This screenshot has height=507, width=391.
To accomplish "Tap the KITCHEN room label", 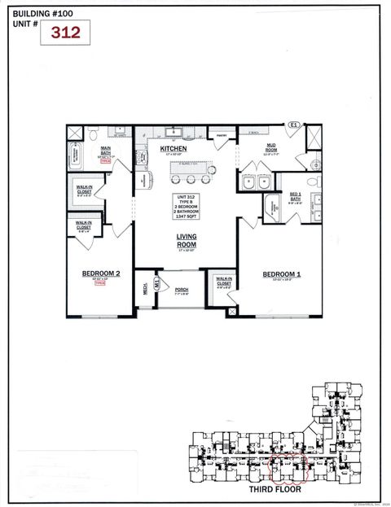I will tap(174, 150).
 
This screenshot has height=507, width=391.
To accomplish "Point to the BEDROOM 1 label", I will tap(282, 275).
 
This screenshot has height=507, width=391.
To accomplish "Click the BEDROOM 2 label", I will tap(101, 274).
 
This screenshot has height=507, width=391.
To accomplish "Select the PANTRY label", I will tap(220, 136).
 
